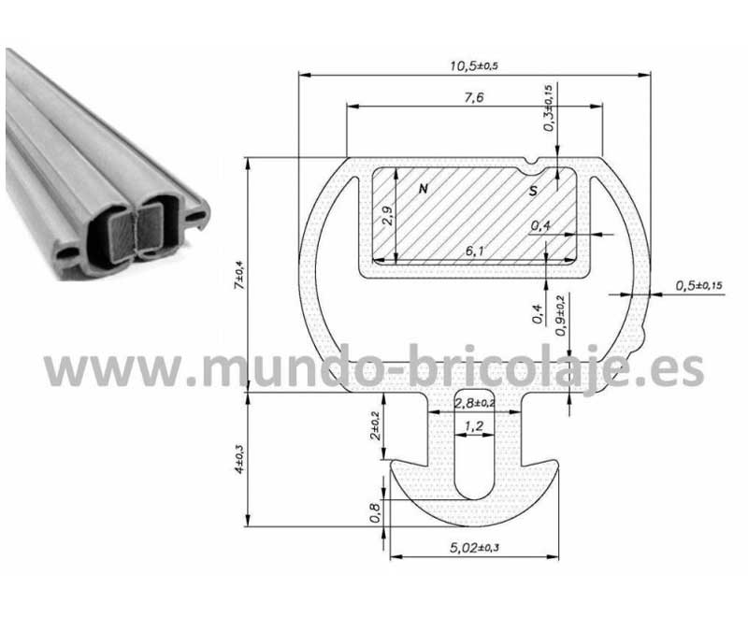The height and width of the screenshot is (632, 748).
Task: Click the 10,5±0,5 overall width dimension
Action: (474, 65)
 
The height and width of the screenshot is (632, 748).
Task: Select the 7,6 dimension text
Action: (474, 97)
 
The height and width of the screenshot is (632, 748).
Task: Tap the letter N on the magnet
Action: (424, 189)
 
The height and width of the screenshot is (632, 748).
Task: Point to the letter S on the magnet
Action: (533, 191)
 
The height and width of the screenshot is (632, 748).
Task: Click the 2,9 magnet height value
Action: (388, 215)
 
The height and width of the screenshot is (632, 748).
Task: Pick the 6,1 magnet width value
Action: (474, 250)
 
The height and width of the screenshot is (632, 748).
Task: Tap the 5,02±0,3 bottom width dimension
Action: (474, 548)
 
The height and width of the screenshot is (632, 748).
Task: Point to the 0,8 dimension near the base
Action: (376, 513)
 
